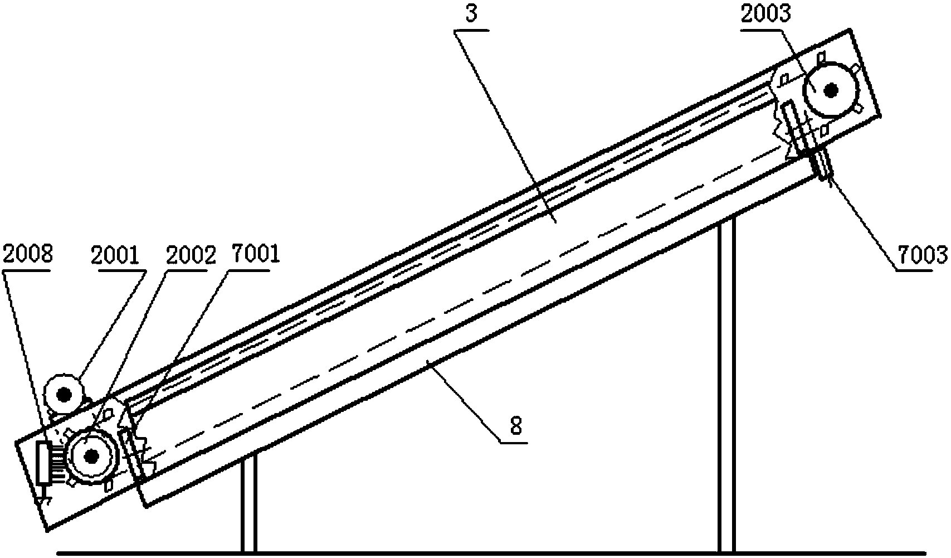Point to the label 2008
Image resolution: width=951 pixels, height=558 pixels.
point(27,254)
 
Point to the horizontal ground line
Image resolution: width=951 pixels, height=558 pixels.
point(490,554)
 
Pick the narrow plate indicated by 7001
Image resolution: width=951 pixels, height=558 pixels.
point(134,452)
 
